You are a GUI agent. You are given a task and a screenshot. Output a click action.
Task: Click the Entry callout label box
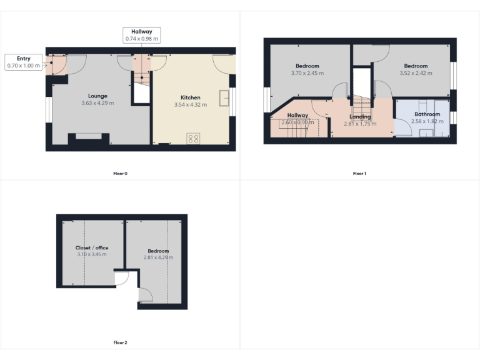(x=23, y=61)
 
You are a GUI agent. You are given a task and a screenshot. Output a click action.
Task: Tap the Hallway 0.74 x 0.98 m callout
(x=141, y=35)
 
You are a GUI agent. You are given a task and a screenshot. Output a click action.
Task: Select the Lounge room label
(x=97, y=96)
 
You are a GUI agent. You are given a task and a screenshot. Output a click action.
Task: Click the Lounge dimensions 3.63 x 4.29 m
(x=97, y=103)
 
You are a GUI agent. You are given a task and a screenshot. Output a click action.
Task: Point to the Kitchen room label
(x=191, y=98)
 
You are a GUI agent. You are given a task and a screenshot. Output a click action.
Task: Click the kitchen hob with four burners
(x=193, y=139)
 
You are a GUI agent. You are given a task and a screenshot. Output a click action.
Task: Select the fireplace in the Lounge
(x=88, y=138)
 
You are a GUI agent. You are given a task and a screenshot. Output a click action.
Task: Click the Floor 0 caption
(x=120, y=173)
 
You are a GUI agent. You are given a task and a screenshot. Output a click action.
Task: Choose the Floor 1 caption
(x=359, y=173)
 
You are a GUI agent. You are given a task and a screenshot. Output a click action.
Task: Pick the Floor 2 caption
(x=120, y=342)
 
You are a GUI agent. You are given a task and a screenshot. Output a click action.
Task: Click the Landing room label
(x=360, y=117)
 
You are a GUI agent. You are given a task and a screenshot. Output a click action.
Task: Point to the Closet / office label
(x=92, y=248)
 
